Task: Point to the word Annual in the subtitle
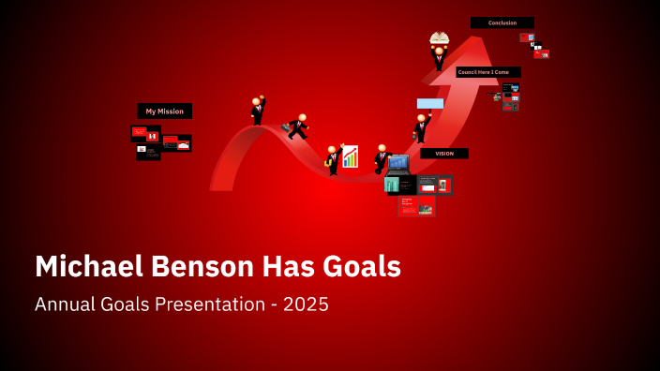click(65, 305)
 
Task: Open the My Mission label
click(164, 111)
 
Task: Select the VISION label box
click(443, 154)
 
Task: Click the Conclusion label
click(502, 22)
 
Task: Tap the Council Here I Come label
click(487, 72)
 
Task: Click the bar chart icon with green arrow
click(350, 156)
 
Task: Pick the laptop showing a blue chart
click(398, 165)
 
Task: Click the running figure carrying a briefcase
click(297, 126)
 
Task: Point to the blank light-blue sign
click(430, 103)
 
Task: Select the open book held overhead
click(439, 38)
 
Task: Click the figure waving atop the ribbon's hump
click(257, 111)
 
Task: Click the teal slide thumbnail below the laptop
click(392, 185)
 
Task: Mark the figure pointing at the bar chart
click(332, 160)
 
